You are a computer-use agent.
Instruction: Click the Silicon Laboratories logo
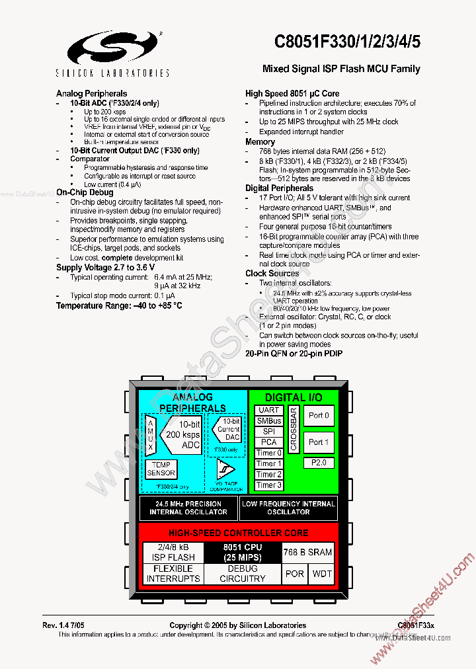[117, 48]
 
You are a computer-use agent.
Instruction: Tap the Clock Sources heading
[272, 273]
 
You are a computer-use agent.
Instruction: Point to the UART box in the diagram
[269, 410]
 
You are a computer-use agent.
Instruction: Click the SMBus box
[269, 420]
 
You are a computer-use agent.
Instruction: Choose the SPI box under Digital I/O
[269, 431]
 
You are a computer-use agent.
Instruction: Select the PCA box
[269, 442]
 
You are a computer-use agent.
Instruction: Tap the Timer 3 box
[269, 485]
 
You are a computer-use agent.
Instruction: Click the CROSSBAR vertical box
[294, 430]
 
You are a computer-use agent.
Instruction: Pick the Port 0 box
[319, 416]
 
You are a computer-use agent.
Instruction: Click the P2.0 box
[319, 463]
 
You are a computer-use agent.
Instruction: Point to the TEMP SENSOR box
[161, 469]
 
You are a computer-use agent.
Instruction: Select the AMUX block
[150, 435]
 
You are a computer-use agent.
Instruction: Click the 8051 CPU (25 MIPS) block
[242, 553]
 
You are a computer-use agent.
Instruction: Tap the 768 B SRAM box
[307, 552]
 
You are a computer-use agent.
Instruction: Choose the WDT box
[322, 574]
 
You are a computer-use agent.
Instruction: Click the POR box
[294, 574]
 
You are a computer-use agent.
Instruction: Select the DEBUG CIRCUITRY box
[242, 574]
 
